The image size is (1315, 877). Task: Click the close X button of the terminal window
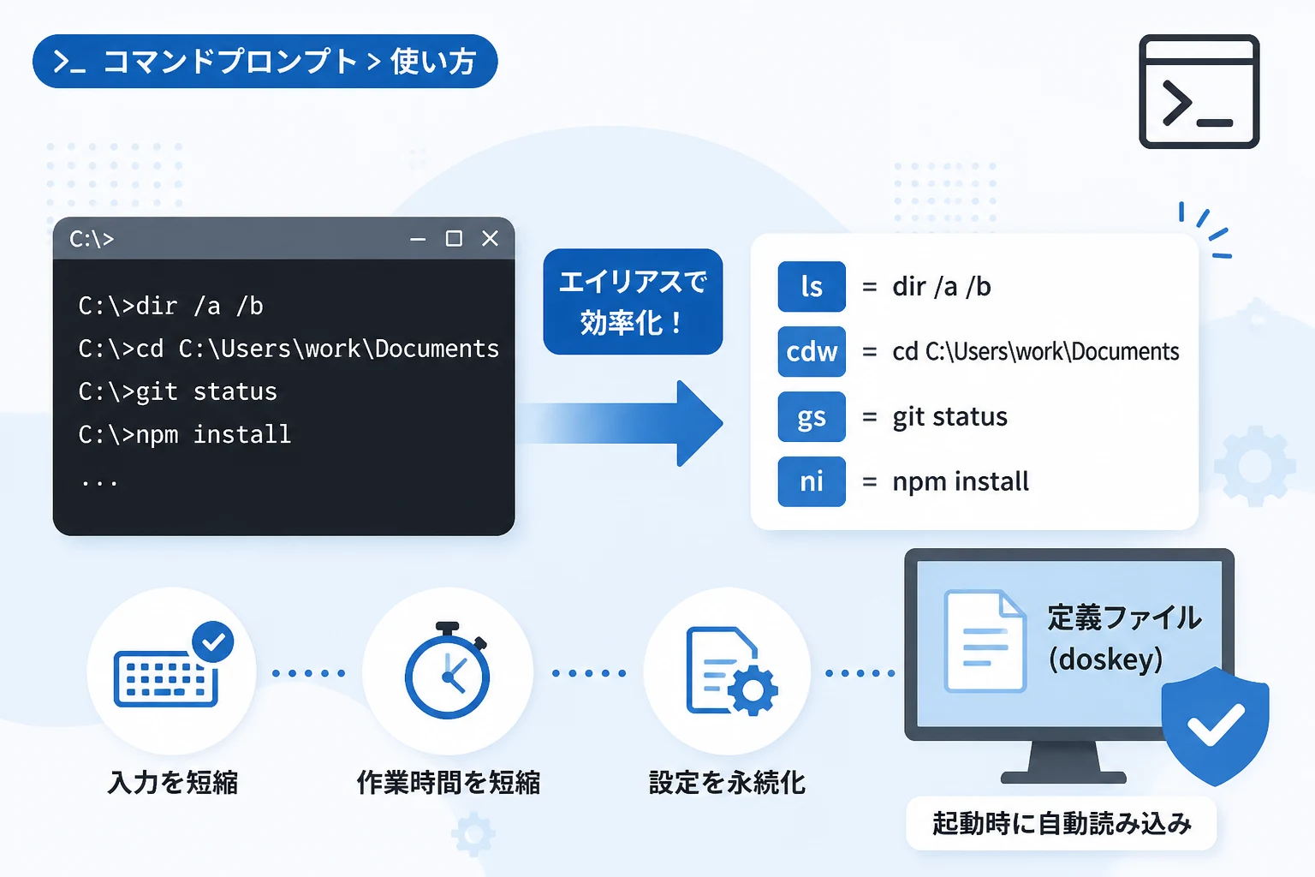pos(490,238)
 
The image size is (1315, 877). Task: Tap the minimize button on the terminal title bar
pos(418,239)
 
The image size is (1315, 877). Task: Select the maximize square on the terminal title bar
pos(454,238)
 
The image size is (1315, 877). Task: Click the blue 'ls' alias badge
pos(812,287)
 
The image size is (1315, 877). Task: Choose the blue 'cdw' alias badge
pos(812,351)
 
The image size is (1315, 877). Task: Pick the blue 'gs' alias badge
pos(812,416)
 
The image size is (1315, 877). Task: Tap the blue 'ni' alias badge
pos(812,481)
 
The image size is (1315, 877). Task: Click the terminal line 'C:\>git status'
pos(177,391)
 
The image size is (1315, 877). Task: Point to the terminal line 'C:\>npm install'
pos(184,435)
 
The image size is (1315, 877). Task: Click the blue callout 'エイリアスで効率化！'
pos(633,302)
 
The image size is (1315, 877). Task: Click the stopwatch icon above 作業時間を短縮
pos(448,671)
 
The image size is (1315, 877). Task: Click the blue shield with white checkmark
pos(1215,726)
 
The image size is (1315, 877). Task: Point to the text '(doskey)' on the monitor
pos(1105,659)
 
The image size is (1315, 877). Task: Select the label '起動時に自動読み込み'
pos(1062,823)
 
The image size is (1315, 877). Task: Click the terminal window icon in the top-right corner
pos(1199,92)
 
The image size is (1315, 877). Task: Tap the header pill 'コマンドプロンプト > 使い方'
pos(265,61)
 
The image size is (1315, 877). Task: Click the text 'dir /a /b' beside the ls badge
pos(942,287)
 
